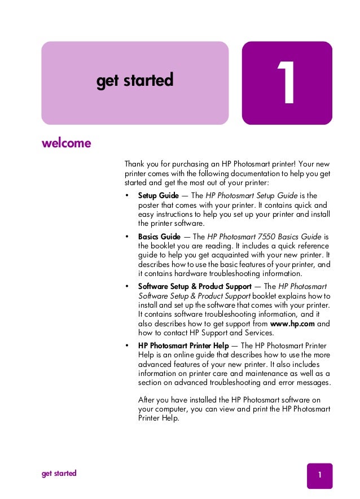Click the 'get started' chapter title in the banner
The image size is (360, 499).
click(x=134, y=81)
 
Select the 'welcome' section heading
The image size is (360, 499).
click(x=66, y=143)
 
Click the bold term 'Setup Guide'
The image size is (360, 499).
click(x=159, y=195)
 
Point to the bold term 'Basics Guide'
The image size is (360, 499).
click(x=160, y=237)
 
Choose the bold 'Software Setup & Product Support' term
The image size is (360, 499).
click(x=195, y=286)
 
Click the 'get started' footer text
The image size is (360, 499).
click(x=59, y=473)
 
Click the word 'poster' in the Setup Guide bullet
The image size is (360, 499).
click(x=150, y=205)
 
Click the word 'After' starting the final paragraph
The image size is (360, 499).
click(x=147, y=400)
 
